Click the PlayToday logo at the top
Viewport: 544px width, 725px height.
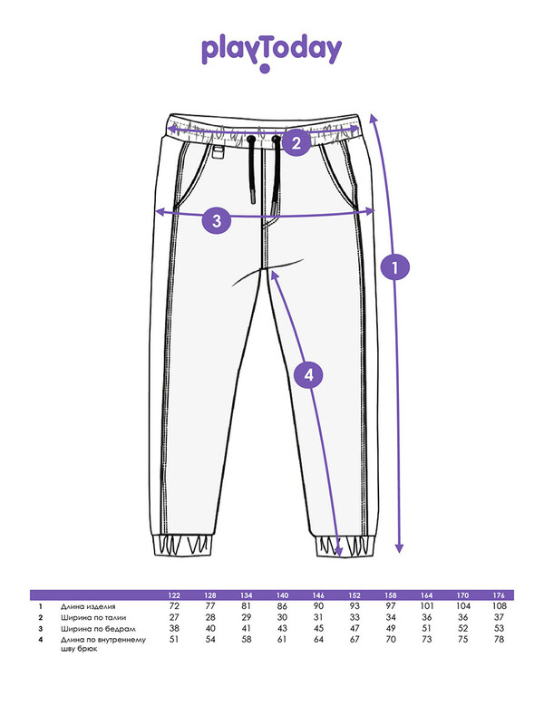(271, 52)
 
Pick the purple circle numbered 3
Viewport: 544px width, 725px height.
(216, 220)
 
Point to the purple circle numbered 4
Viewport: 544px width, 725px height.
(308, 374)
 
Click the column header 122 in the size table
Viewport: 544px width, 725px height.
(175, 594)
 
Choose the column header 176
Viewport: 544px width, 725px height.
(498, 594)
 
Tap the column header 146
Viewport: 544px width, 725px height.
(318, 594)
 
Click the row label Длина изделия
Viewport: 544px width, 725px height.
(86, 605)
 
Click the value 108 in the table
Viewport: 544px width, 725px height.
(498, 605)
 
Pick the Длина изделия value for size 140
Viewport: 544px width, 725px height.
(282, 605)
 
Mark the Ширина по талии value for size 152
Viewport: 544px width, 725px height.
(355, 617)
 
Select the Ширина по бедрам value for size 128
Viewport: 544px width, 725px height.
(210, 628)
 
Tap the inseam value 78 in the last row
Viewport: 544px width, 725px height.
(498, 640)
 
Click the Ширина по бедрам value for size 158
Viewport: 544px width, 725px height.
(390, 628)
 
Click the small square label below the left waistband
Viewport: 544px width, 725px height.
(219, 153)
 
